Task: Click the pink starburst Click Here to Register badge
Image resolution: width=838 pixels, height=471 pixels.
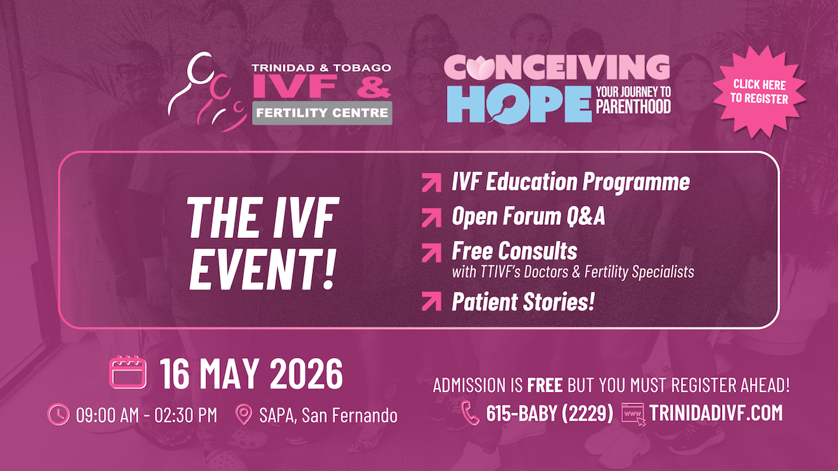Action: (760, 91)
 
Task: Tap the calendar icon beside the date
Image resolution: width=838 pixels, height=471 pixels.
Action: (128, 372)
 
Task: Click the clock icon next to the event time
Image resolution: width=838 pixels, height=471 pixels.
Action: (59, 414)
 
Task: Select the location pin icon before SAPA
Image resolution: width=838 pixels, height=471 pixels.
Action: (244, 414)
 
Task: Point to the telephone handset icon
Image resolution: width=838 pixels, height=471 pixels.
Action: (470, 413)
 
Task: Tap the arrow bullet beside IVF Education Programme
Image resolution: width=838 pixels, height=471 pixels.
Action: (432, 182)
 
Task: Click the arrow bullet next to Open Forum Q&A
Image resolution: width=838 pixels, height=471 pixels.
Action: (432, 218)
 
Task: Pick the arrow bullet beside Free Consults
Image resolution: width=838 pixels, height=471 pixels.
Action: (432, 253)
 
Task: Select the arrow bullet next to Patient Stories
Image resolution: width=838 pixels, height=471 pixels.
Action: (432, 301)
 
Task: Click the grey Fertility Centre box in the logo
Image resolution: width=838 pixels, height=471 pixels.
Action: (322, 113)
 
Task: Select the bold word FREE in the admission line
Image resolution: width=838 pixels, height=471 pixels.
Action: (545, 385)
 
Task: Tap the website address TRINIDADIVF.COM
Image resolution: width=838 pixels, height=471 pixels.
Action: (716, 413)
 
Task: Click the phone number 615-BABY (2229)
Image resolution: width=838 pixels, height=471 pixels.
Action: (550, 413)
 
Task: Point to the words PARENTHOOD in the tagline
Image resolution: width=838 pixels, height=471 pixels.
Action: (633, 107)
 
